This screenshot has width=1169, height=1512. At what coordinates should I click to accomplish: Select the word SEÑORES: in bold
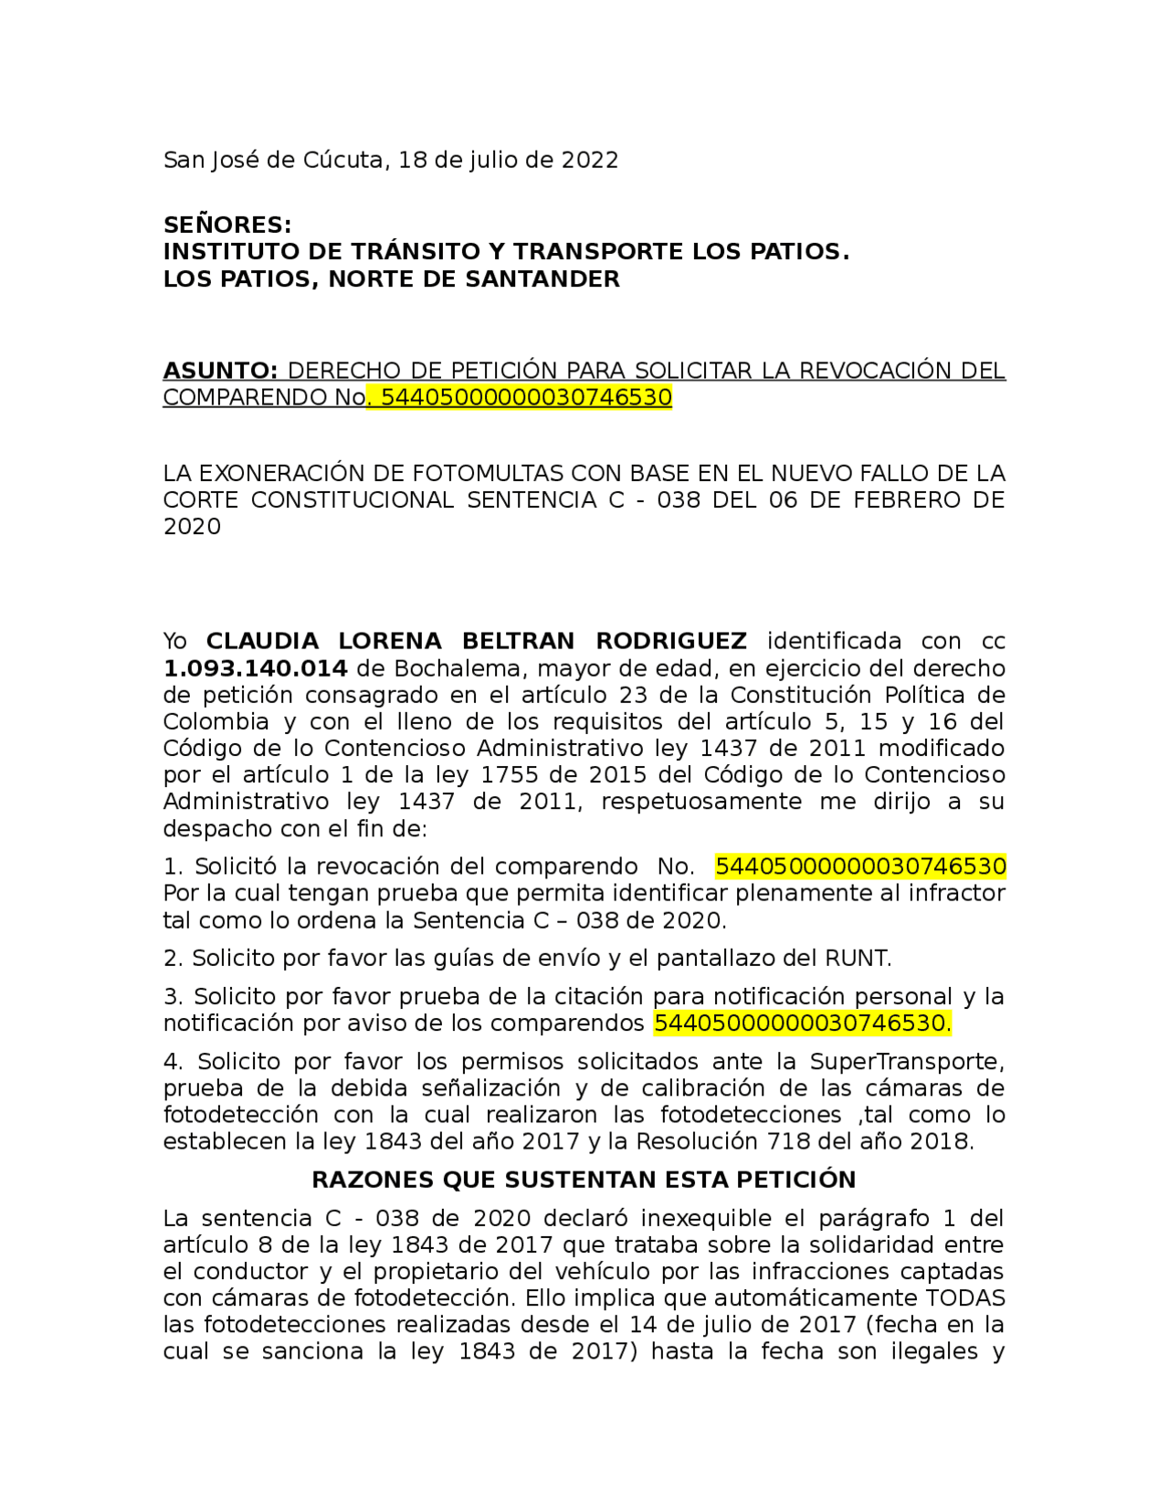[227, 225]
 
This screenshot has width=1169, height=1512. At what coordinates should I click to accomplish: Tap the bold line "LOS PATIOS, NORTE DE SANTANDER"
[391, 278]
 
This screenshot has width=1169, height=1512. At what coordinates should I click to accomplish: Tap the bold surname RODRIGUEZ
[671, 641]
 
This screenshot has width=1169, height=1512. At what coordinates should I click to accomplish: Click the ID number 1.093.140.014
[255, 668]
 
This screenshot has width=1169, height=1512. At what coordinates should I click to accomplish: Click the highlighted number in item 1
[860, 866]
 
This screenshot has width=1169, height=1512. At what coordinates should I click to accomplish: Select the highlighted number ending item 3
[802, 1024]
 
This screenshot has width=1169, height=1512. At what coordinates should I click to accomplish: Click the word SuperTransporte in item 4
[893, 1062]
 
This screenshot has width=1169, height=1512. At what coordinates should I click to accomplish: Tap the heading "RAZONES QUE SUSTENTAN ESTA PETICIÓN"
[584, 1180]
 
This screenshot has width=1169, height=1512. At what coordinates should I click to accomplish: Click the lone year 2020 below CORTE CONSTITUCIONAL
[192, 527]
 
